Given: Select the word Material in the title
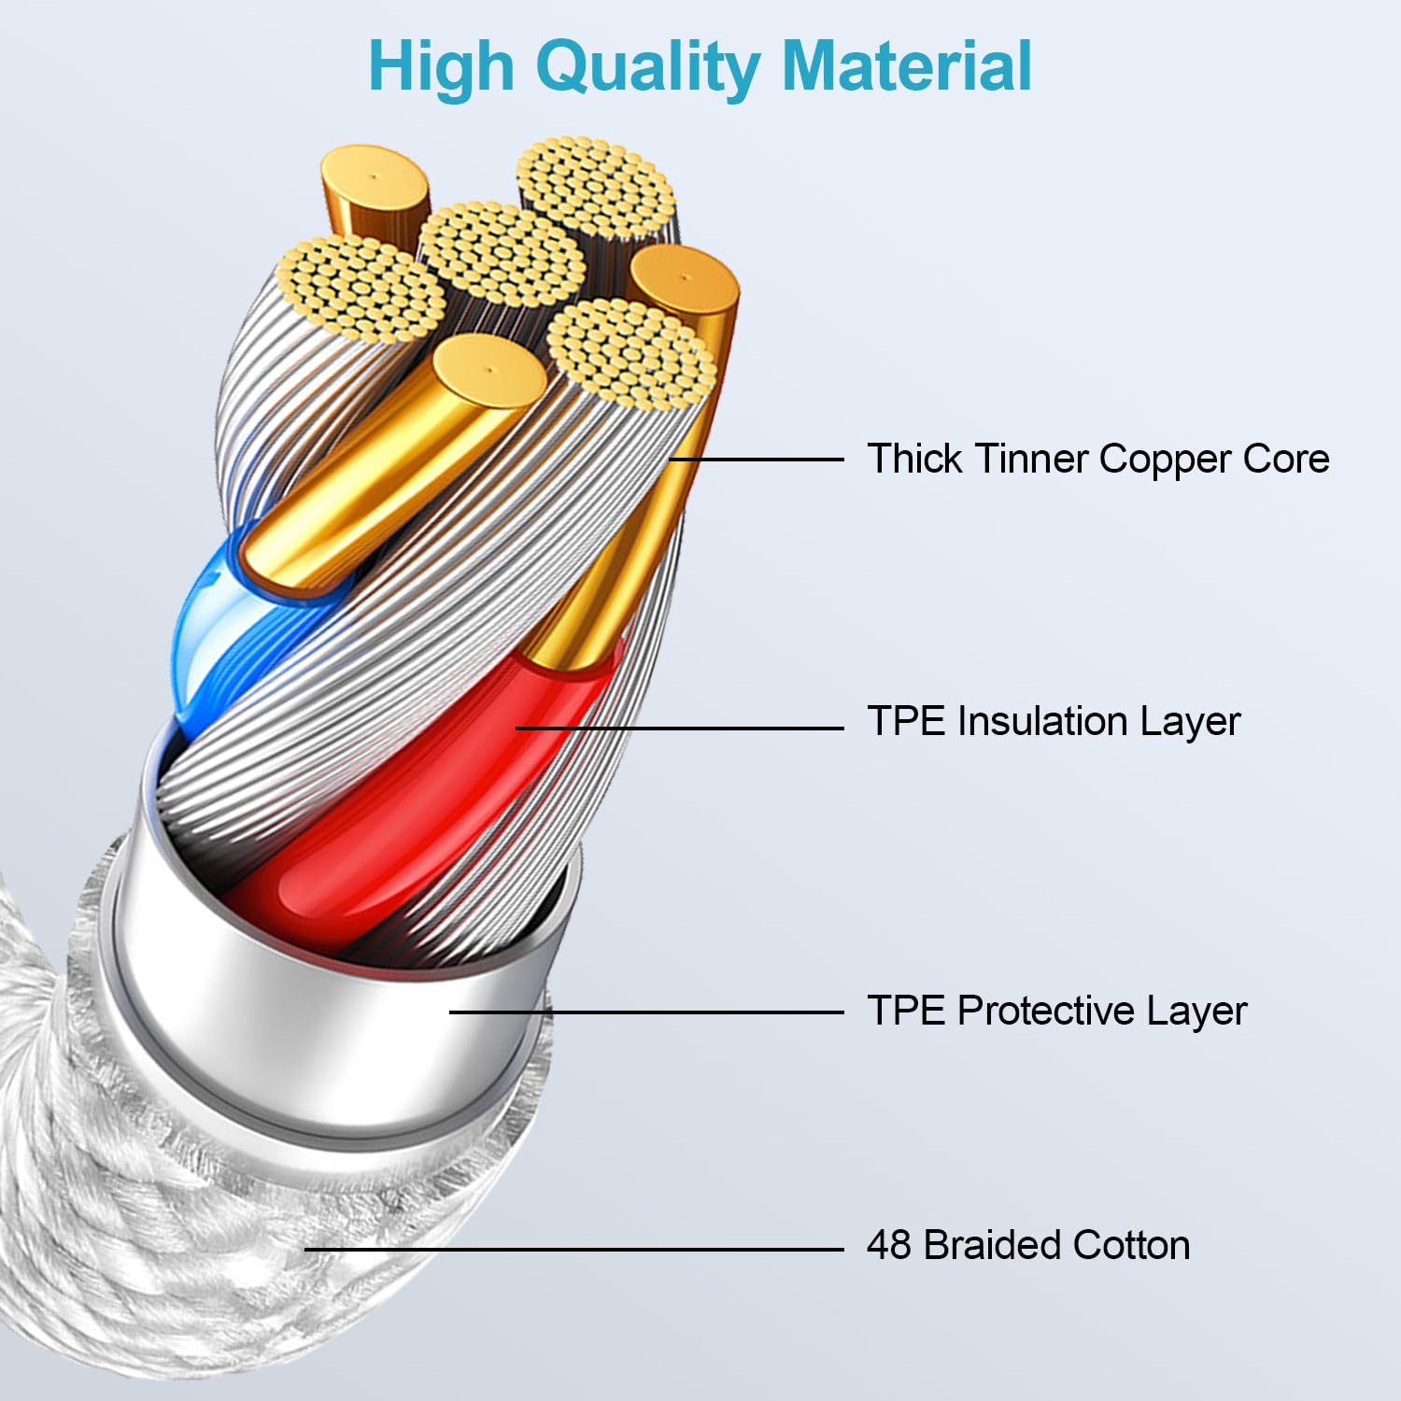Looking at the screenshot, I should tap(906, 67).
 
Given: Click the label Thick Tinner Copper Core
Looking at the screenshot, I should tap(1097, 459).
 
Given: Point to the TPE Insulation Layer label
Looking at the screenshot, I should tap(1053, 721).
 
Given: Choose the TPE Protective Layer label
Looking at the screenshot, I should tap(1056, 1011).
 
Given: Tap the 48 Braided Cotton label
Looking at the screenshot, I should tap(1027, 1245).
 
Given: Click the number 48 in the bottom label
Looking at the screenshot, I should tap(888, 1245).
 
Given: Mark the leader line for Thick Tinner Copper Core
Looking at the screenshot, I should tap(757, 460).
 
